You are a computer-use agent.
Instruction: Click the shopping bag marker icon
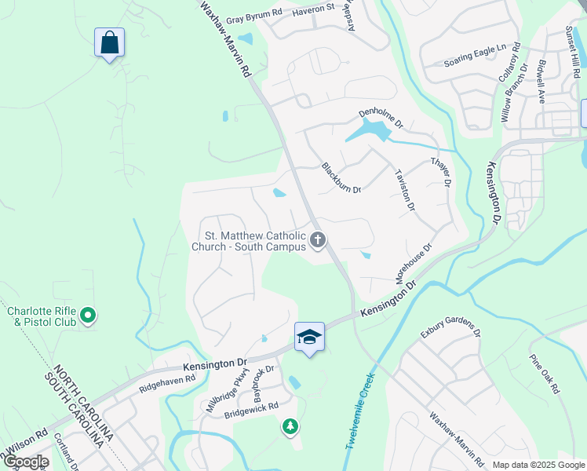pyautogui.click(x=110, y=42)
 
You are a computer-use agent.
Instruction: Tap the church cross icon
pyautogui.click(x=318, y=239)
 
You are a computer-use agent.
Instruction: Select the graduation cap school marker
pyautogui.click(x=310, y=337)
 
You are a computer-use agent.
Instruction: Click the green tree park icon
pyautogui.click(x=290, y=426)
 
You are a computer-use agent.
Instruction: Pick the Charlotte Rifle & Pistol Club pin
pyautogui.click(x=89, y=316)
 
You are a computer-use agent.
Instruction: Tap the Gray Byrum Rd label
pyautogui.click(x=253, y=14)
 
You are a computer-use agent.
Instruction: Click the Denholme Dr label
pyautogui.click(x=380, y=118)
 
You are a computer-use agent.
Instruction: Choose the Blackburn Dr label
pyautogui.click(x=341, y=177)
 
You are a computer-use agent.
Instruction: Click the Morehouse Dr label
pyautogui.click(x=414, y=262)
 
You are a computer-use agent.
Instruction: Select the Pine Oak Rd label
pyautogui.click(x=545, y=373)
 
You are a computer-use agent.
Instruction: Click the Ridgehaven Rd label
pyautogui.click(x=167, y=379)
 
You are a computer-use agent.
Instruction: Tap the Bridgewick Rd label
pyautogui.click(x=251, y=408)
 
